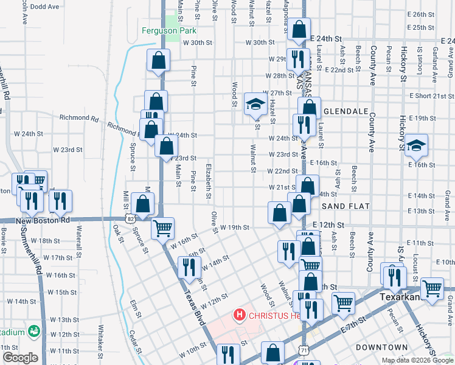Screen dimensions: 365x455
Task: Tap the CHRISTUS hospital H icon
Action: point(240,315)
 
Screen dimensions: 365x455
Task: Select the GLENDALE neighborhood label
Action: point(347,112)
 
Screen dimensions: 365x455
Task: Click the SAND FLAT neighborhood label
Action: point(346,207)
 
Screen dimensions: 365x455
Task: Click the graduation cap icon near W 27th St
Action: point(254,104)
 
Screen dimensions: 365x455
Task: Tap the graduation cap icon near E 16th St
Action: point(417,145)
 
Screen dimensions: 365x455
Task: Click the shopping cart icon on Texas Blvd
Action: point(162,229)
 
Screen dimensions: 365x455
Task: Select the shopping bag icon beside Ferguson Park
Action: point(158,60)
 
